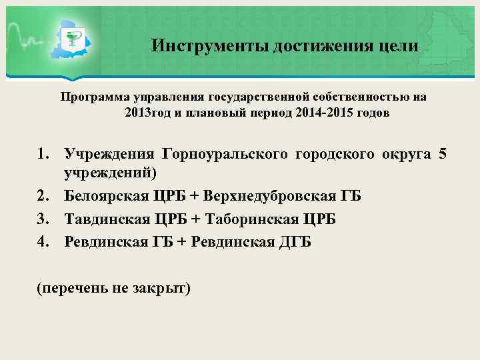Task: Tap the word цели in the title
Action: pos(399,46)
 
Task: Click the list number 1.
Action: pos(44,155)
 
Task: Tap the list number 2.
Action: pos(44,197)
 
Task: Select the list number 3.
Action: pos(44,219)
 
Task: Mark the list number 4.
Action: pos(44,241)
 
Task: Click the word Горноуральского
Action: pos(226,155)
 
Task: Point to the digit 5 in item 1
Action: pos(443,155)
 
